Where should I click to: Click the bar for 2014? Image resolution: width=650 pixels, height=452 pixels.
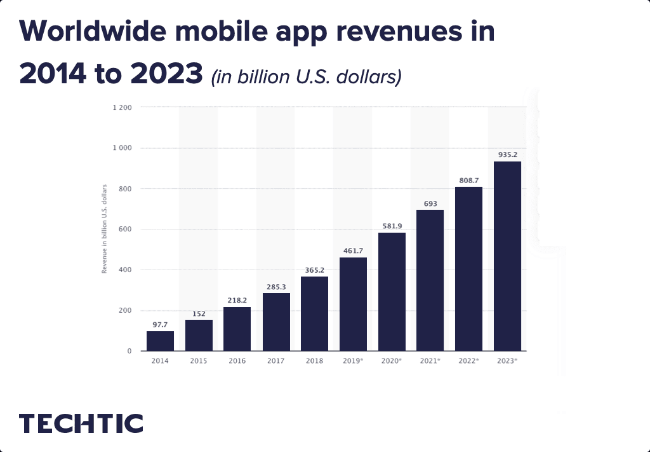[160, 341]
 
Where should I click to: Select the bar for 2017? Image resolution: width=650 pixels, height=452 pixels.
[276, 322]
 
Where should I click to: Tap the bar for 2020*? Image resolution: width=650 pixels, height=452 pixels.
[392, 292]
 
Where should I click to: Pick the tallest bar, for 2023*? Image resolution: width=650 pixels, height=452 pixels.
[507, 256]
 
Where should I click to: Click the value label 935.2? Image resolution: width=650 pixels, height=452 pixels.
[507, 154]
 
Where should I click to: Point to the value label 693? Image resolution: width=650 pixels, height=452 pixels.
[430, 203]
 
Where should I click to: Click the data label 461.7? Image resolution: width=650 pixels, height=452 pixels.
[353, 250]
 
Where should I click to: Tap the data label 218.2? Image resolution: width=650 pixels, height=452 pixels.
[237, 299]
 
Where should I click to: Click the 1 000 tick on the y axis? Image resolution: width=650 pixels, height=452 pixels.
[123, 148]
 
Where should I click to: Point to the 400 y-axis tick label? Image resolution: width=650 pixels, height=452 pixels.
[125, 270]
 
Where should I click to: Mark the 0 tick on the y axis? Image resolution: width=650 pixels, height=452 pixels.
[129, 351]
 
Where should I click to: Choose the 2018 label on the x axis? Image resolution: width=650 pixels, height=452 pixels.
[314, 361]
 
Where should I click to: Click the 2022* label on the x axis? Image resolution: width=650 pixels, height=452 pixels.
[468, 361]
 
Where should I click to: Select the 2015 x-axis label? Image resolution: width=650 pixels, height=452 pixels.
[199, 361]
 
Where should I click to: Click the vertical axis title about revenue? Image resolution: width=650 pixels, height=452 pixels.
[104, 229]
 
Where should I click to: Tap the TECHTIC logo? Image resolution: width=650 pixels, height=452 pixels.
[81, 423]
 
